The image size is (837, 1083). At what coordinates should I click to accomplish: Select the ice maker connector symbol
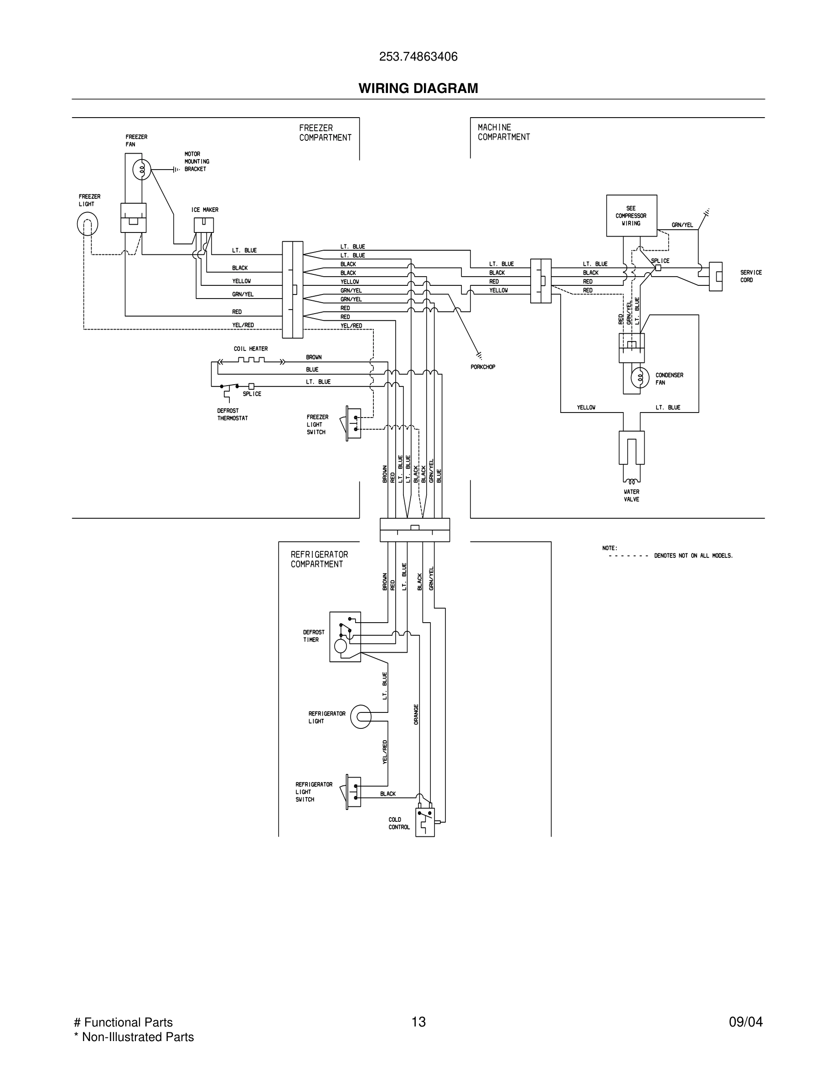(203, 225)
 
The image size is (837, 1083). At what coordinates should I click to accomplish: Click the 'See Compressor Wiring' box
(631, 216)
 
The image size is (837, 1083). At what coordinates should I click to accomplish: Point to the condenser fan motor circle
(640, 378)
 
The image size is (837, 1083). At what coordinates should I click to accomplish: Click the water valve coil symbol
(631, 480)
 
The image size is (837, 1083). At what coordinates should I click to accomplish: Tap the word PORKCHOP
(482, 367)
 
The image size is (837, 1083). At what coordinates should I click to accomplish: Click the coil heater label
(250, 349)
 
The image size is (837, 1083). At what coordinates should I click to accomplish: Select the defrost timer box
(345, 637)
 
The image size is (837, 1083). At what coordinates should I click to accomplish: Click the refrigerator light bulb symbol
(361, 717)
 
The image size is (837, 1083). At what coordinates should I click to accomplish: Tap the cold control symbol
(424, 822)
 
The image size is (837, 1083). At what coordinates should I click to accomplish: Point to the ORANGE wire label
(416, 714)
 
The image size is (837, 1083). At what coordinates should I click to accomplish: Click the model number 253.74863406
(418, 57)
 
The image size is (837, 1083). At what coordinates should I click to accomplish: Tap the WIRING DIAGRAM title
(418, 88)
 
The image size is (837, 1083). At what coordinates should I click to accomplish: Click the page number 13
(418, 1022)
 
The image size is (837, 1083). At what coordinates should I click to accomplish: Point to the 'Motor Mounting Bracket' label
(196, 162)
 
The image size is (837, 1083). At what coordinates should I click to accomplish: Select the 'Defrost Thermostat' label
(232, 414)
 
